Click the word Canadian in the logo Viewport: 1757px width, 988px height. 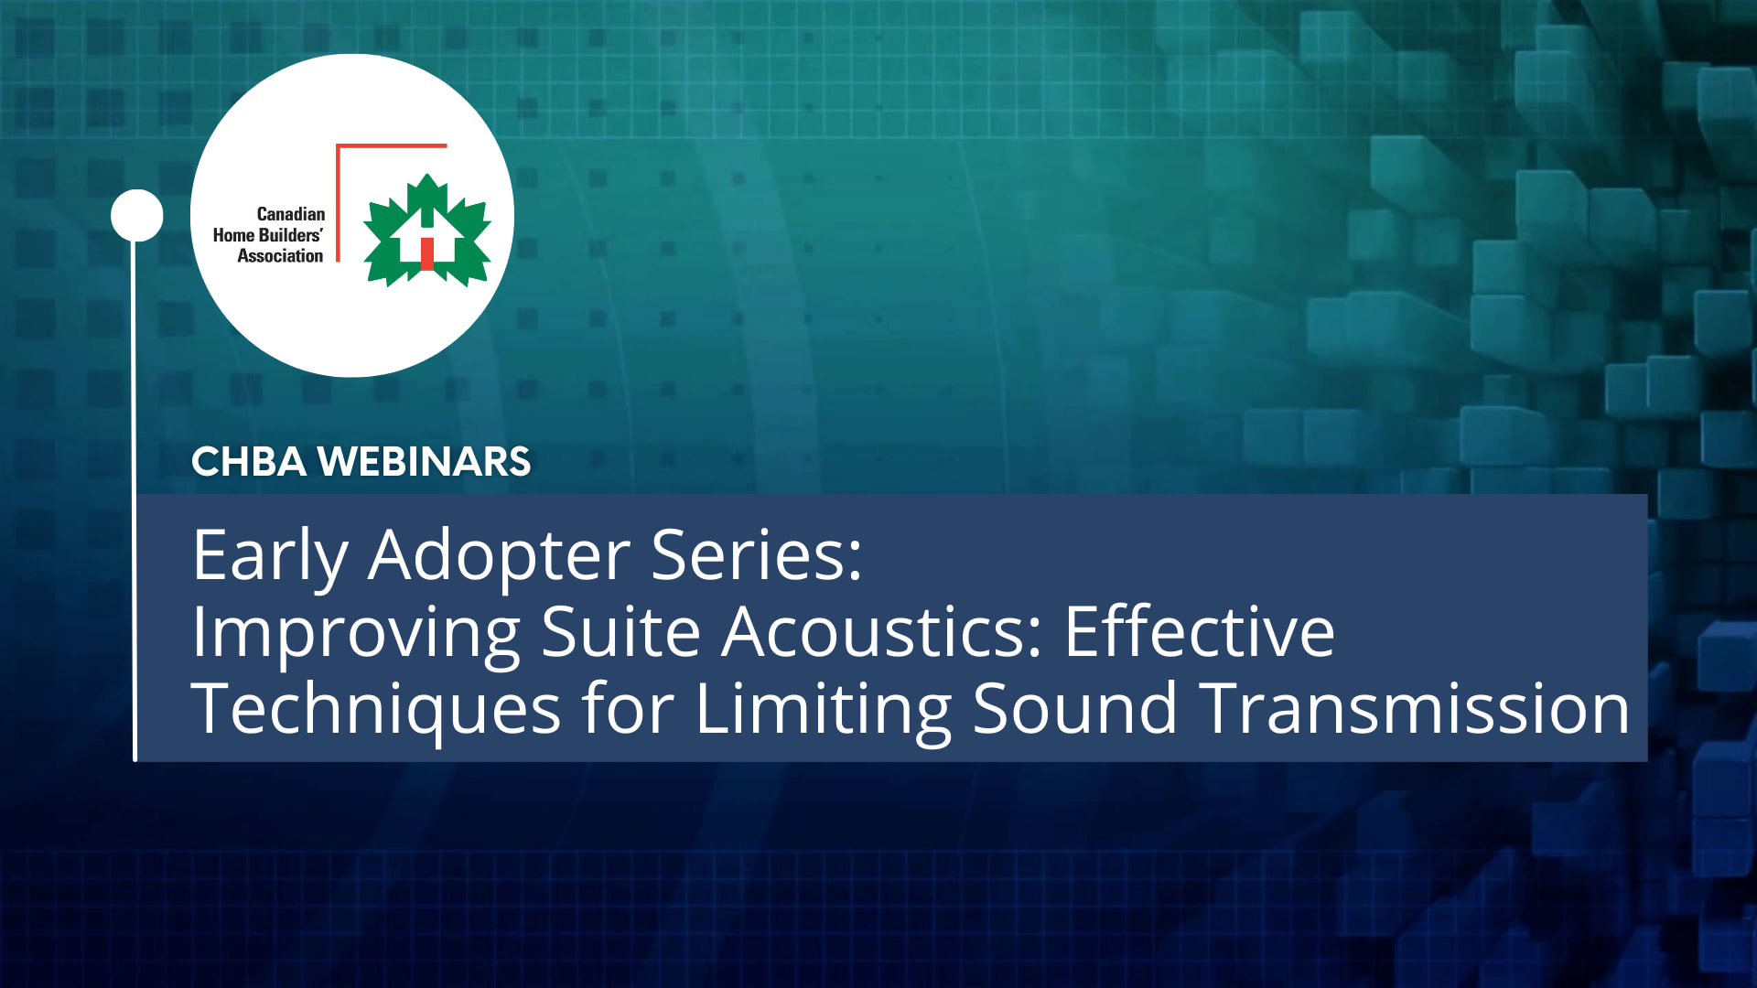pos(290,214)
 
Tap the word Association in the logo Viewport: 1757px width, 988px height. pos(280,256)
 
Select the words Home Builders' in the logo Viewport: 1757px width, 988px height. pos(267,235)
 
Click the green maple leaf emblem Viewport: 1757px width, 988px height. pos(426,231)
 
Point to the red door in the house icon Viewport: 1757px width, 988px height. pos(426,253)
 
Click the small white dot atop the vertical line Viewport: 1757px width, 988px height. pos(136,216)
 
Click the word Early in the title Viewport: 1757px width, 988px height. pos(270,555)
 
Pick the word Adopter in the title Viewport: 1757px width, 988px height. pos(499,555)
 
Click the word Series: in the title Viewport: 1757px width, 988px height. pos(757,555)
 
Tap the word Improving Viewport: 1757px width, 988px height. pos(356,633)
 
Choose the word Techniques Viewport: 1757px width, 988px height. pos(375,709)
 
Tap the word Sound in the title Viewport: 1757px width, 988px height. pos(1074,709)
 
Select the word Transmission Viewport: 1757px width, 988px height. pos(1415,709)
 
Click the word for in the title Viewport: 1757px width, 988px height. pos(628,709)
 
